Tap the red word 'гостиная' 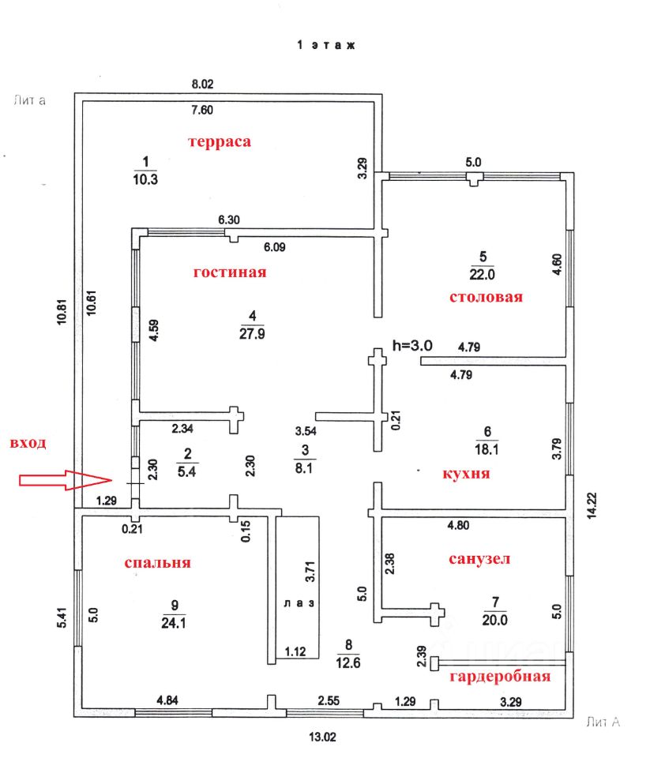[x=230, y=272]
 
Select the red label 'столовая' [x=487, y=298]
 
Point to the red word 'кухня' [x=466, y=474]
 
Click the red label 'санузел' [x=479, y=559]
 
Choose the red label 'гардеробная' [x=499, y=677]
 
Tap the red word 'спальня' [x=158, y=563]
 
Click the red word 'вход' [x=28, y=443]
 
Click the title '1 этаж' [x=325, y=46]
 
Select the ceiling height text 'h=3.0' [x=411, y=344]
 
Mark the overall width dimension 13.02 [x=321, y=738]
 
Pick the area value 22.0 [x=482, y=275]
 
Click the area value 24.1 [x=175, y=621]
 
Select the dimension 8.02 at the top [x=203, y=84]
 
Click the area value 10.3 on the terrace [x=145, y=179]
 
